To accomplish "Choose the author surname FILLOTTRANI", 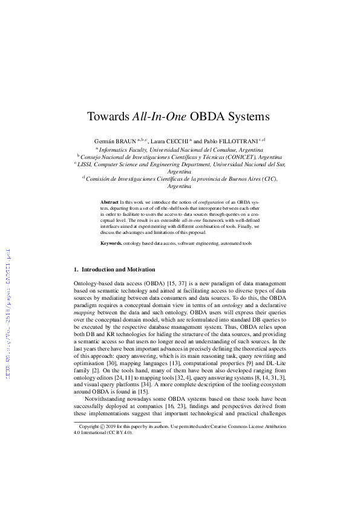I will coord(239,140).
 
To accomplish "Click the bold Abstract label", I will coord(110,201).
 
